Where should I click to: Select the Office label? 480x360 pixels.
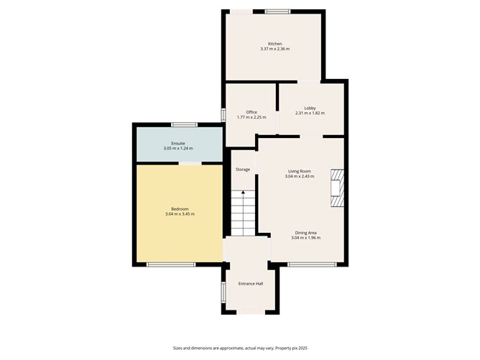[251, 112]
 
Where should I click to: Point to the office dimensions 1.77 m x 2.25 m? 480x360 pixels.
[251, 117]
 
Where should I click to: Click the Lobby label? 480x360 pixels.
[310, 108]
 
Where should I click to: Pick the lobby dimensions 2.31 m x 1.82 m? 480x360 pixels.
[310, 113]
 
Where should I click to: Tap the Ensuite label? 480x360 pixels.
[178, 143]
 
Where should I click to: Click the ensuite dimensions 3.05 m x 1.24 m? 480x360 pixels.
[178, 148]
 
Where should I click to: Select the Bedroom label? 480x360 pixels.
[180, 208]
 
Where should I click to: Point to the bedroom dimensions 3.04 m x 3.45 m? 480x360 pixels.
[180, 213]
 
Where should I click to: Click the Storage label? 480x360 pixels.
[243, 169]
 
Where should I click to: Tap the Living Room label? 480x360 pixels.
[300, 171]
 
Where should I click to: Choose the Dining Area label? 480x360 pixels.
[305, 233]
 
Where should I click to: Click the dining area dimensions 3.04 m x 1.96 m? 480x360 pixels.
[305, 238]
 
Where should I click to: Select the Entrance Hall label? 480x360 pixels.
[251, 283]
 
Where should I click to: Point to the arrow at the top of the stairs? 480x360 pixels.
[242, 195]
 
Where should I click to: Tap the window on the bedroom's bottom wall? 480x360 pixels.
[170, 264]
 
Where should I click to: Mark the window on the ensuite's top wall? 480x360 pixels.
[185, 124]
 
